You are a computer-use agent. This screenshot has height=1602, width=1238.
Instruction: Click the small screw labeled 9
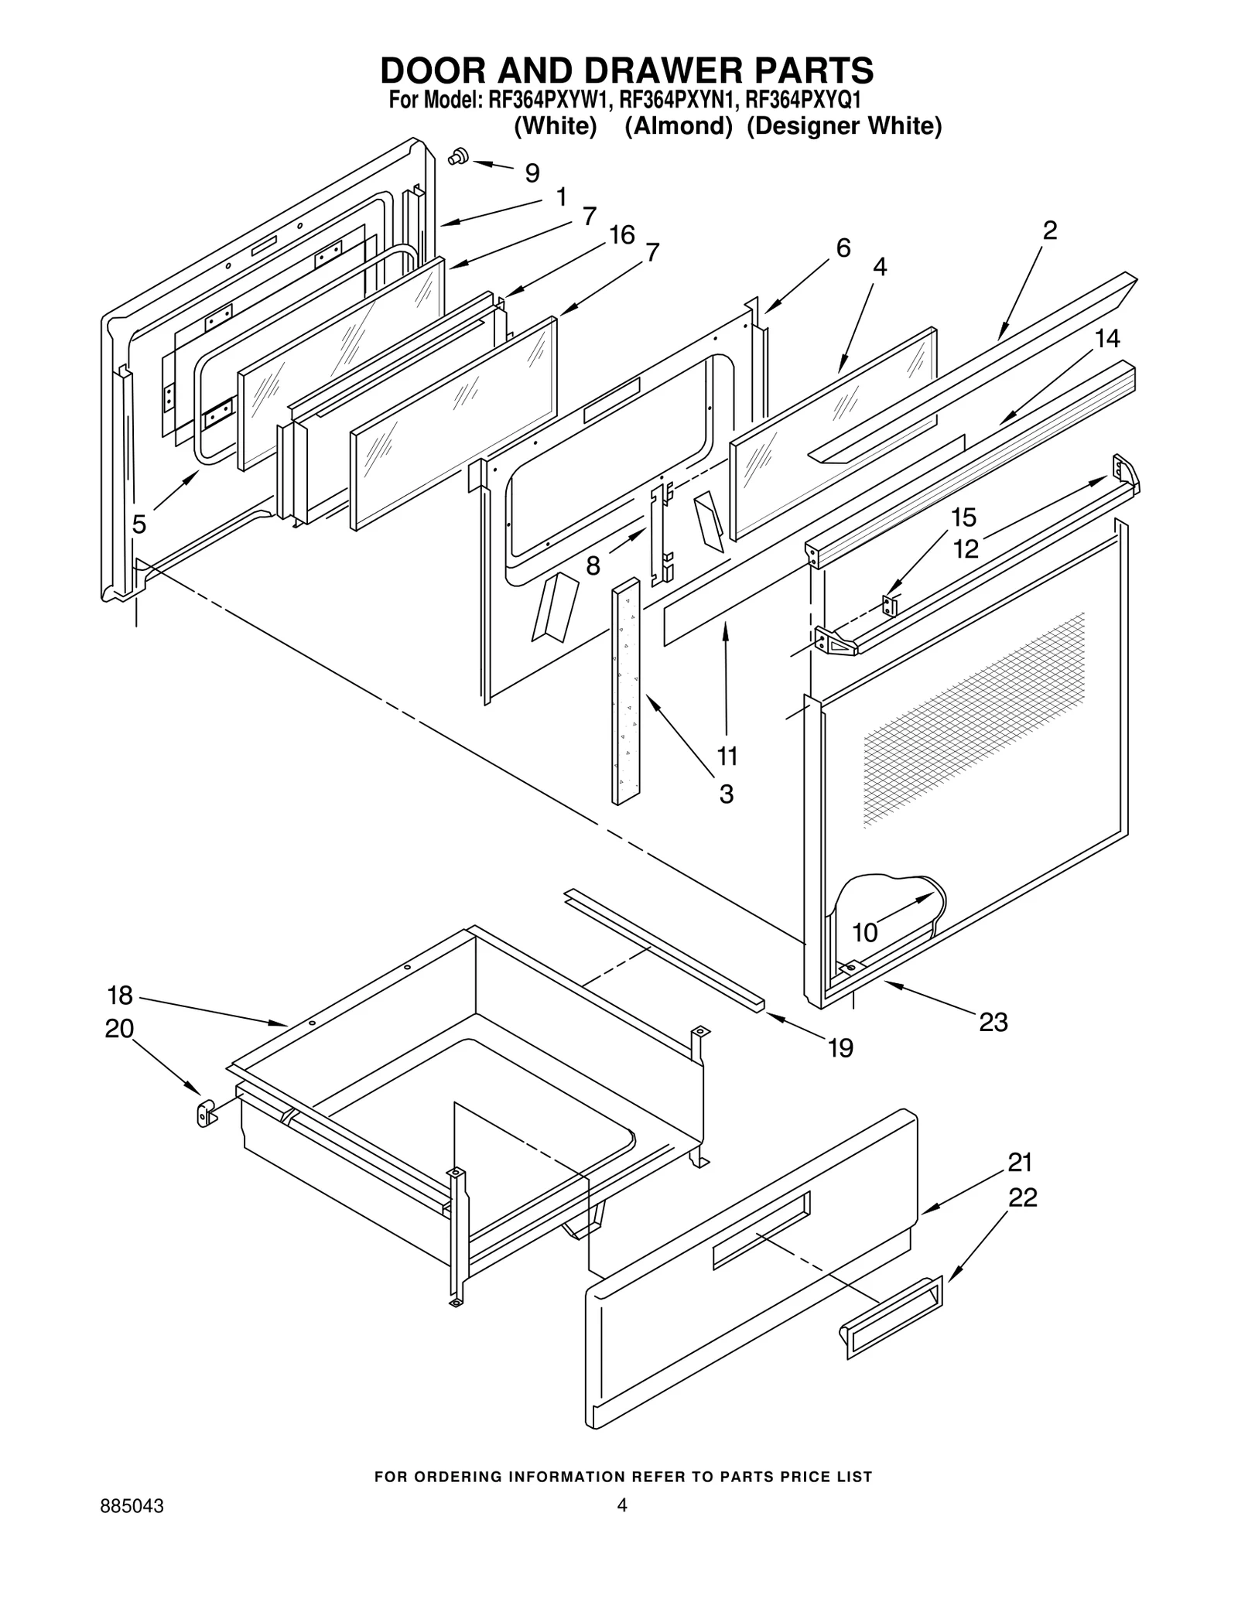(x=458, y=156)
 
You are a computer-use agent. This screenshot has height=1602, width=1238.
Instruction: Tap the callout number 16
(x=621, y=234)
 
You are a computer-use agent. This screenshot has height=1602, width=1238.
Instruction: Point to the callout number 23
(x=993, y=1022)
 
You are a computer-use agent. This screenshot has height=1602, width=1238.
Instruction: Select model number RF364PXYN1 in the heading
(x=677, y=101)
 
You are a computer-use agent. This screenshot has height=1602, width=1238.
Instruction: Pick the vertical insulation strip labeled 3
(x=626, y=692)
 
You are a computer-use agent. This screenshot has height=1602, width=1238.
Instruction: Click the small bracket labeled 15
(x=890, y=606)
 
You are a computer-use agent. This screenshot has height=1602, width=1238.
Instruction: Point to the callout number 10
(x=864, y=932)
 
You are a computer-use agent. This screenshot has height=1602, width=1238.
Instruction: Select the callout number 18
(x=120, y=995)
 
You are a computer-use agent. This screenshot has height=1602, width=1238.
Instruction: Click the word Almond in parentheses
(x=678, y=126)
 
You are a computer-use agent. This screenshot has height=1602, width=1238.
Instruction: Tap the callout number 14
(x=1107, y=338)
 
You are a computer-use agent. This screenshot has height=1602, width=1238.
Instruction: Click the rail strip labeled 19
(x=665, y=949)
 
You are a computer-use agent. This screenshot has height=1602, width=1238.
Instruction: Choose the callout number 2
(x=1050, y=231)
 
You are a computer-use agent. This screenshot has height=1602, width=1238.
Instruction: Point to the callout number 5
(x=139, y=524)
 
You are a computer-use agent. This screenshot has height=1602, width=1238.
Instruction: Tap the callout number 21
(x=1020, y=1163)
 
